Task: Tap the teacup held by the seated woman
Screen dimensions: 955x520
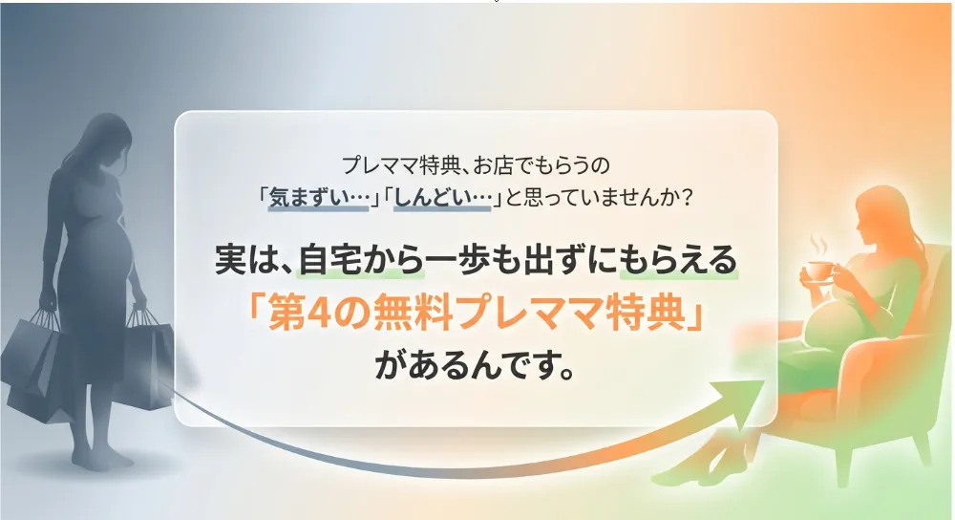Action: click(x=817, y=271)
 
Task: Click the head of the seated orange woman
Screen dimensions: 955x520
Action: click(x=881, y=211)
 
